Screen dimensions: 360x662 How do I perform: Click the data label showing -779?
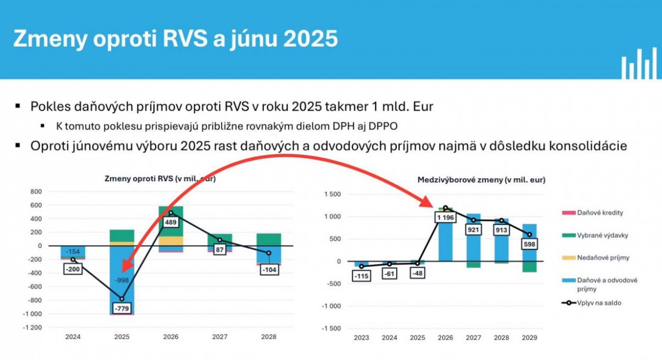122,308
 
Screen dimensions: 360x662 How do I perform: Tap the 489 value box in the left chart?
171,222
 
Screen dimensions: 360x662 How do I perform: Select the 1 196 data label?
445,217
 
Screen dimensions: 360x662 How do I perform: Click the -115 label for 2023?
361,276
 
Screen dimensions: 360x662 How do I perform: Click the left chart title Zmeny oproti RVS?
159,178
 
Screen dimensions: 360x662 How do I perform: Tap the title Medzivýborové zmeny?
481,180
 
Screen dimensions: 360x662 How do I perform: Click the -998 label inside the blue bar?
122,280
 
